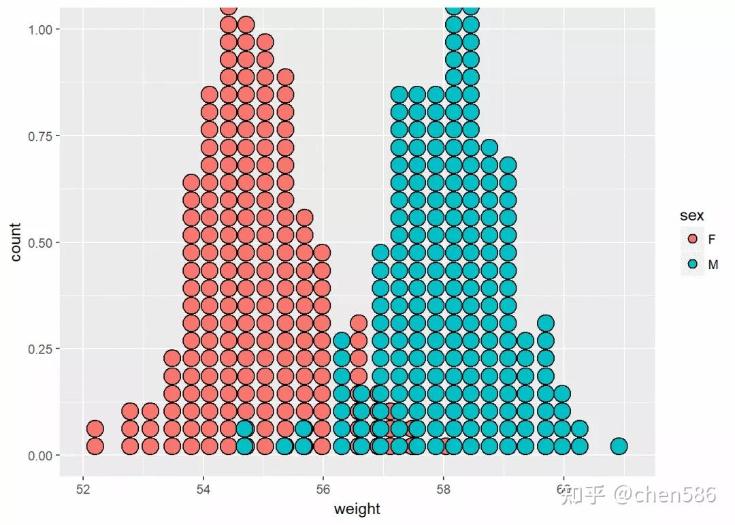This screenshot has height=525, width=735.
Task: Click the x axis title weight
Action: pyautogui.click(x=357, y=509)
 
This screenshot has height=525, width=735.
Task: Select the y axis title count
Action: pyautogui.click(x=15, y=242)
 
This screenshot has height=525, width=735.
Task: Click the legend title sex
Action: pyautogui.click(x=691, y=216)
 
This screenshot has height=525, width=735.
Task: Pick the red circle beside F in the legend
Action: pyautogui.click(x=693, y=240)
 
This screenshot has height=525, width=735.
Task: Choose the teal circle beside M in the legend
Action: pyautogui.click(x=693, y=265)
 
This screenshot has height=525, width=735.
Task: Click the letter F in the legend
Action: pyautogui.click(x=712, y=240)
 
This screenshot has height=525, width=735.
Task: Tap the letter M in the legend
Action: pyautogui.click(x=713, y=265)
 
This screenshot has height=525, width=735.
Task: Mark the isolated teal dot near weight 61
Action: pyautogui.click(x=619, y=446)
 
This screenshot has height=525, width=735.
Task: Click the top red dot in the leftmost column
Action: pyautogui.click(x=95, y=429)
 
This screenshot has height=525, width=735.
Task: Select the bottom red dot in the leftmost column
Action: pyautogui.click(x=95, y=446)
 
